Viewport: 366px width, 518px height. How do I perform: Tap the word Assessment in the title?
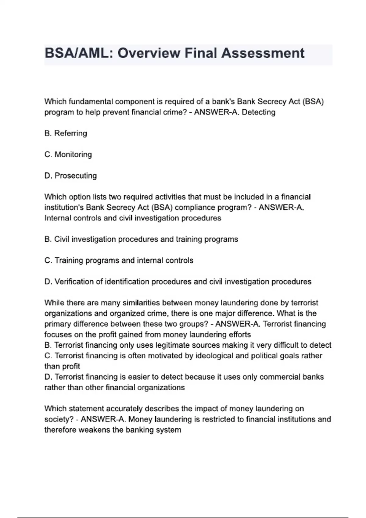click(x=263, y=53)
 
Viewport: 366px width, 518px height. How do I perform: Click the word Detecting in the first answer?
click(x=258, y=112)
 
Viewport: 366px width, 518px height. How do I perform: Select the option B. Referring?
click(x=66, y=133)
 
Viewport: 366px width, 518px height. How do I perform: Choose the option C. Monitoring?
click(x=68, y=154)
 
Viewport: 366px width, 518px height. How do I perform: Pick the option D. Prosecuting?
click(x=70, y=176)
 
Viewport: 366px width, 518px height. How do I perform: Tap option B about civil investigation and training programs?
click(x=141, y=239)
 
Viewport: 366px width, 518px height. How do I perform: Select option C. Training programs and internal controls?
click(x=119, y=261)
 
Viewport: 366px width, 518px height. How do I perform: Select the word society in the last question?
click(x=59, y=419)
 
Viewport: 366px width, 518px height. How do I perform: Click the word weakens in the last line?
click(x=95, y=430)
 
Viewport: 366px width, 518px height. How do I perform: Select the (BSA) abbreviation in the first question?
click(x=313, y=101)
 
